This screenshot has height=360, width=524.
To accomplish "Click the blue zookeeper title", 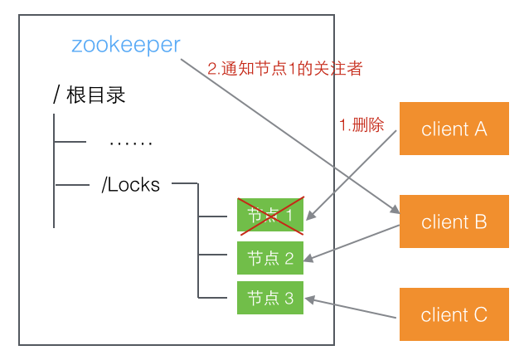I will point(125,44).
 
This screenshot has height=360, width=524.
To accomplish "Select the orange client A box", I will point(454,129).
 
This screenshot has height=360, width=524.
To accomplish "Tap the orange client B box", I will point(454,221).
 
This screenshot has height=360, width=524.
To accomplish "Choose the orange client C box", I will point(454,314).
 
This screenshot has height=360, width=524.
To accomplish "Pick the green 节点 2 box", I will point(270,257).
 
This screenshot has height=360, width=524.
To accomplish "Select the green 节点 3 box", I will point(270,298).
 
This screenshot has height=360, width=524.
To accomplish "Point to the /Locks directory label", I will point(130,184).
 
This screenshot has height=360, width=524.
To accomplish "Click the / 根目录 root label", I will point(89,95).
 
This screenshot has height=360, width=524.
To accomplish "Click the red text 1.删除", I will point(362,124).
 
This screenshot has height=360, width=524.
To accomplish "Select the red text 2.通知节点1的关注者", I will point(284,70).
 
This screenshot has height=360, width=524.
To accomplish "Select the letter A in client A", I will point(480,129).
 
